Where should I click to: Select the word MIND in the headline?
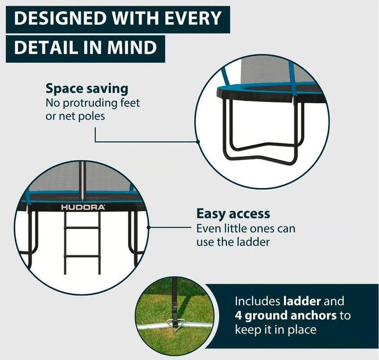(x=132, y=47)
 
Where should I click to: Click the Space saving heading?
(x=87, y=89)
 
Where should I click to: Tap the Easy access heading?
(x=233, y=214)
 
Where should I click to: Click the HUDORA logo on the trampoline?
(x=83, y=207)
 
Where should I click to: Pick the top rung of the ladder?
(x=82, y=227)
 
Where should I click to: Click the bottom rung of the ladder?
(x=82, y=256)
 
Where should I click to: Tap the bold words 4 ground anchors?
(x=286, y=316)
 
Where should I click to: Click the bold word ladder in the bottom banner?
(x=302, y=301)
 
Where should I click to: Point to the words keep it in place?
(x=275, y=330)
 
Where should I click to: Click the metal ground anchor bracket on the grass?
(x=175, y=323)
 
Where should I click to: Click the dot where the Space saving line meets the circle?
(x=198, y=142)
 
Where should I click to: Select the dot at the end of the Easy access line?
(x=148, y=227)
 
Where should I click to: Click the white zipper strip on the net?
(x=83, y=181)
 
